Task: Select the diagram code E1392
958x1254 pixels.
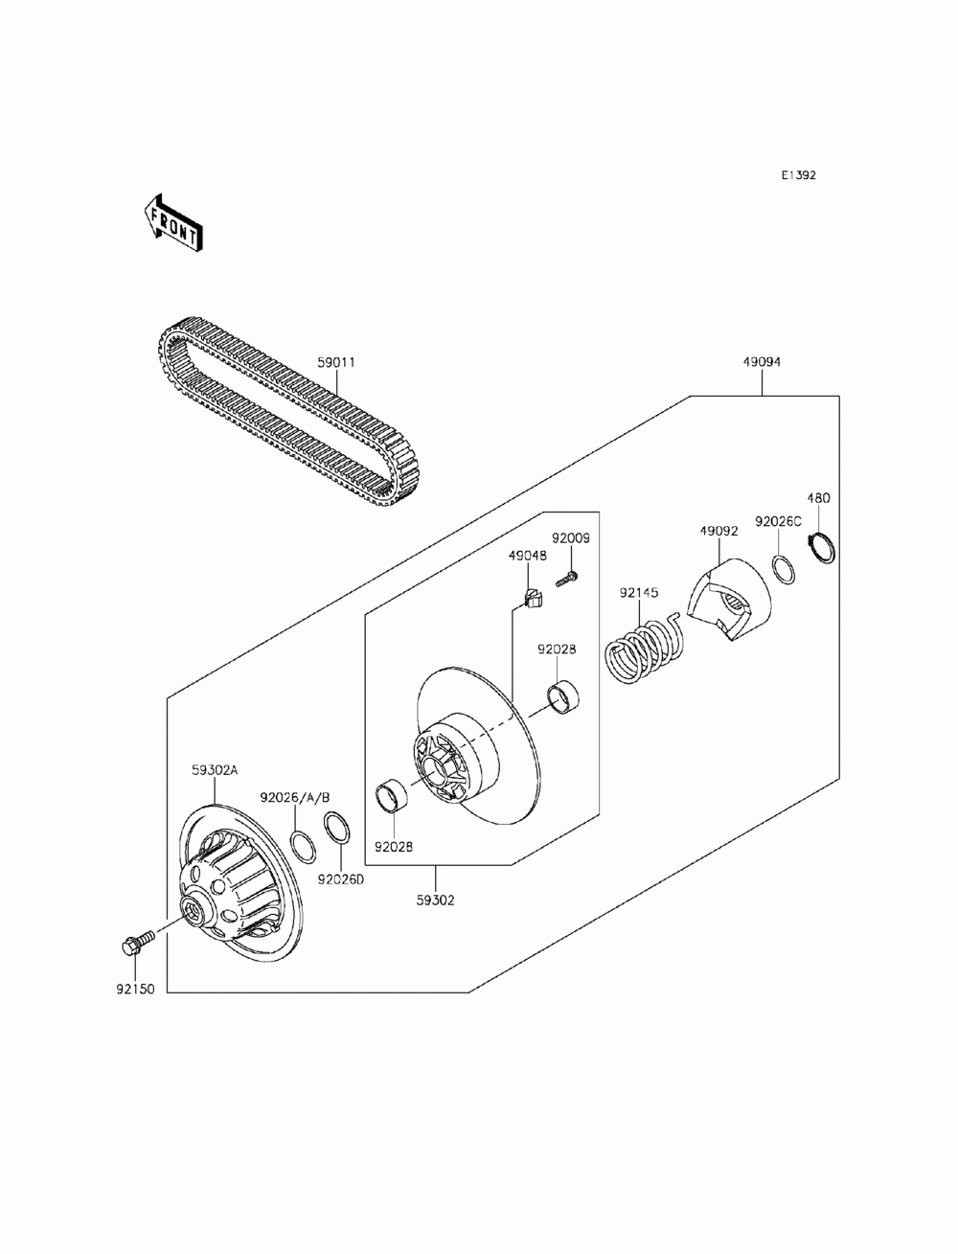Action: pos(797,175)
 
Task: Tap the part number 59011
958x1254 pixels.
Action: pos(337,363)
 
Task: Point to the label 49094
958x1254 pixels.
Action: pos(762,362)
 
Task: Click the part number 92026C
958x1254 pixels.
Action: pos(778,522)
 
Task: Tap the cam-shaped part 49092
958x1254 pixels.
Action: pos(730,598)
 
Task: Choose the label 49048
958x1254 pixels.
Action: pos(528,555)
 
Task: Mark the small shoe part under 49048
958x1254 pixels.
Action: pos(532,600)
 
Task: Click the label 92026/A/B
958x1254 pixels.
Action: pos(295,797)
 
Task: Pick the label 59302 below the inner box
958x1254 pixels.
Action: pos(436,900)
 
